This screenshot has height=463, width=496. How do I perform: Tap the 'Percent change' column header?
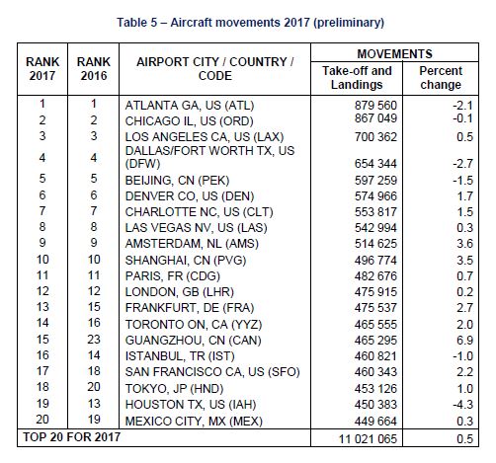(440, 78)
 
